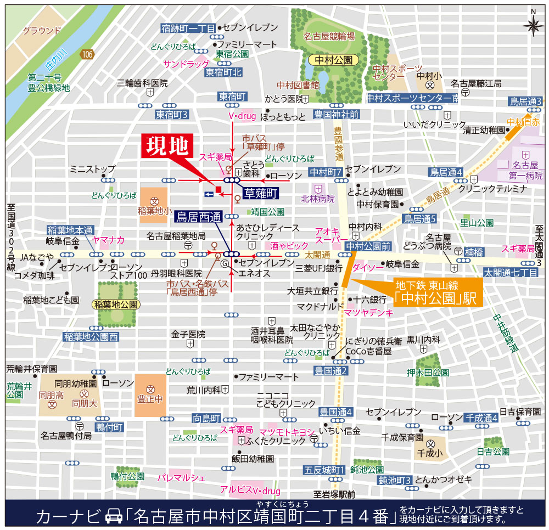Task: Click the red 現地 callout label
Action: coord(168,146)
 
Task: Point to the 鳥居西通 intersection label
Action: coord(198,217)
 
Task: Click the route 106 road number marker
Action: coord(86,54)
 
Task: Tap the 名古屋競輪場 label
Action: coord(329,37)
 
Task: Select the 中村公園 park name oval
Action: coord(333,60)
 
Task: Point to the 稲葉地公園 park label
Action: coord(117,304)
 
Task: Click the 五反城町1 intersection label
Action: coord(324,470)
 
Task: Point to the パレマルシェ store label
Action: coord(181,477)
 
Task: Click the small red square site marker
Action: coord(219,190)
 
